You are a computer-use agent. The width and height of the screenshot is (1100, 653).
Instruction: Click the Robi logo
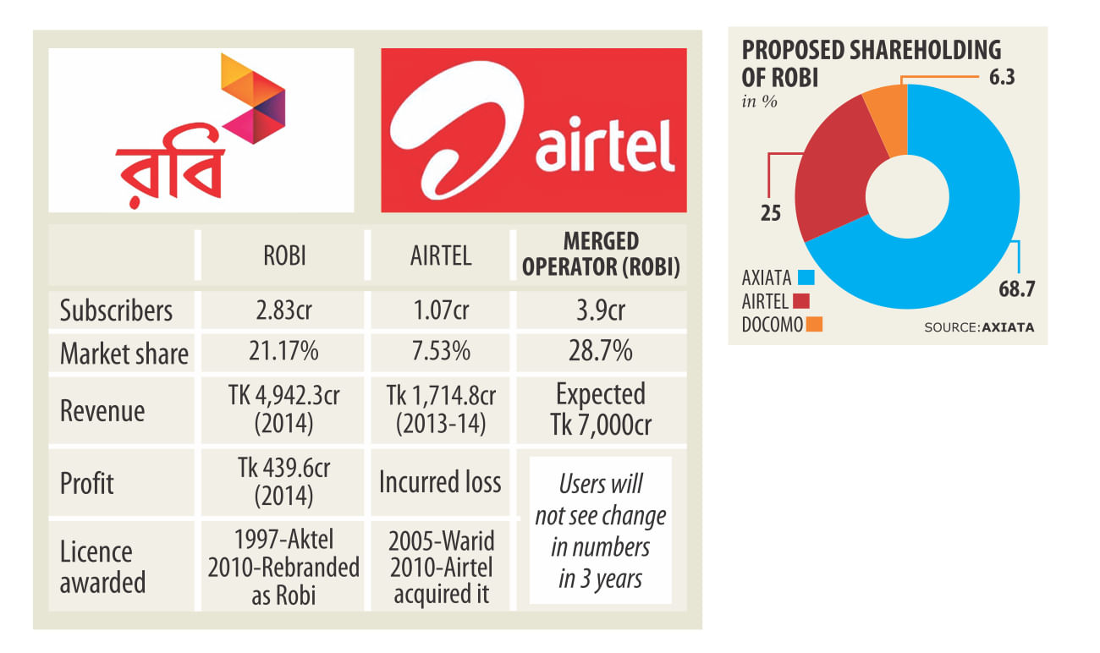(x=201, y=129)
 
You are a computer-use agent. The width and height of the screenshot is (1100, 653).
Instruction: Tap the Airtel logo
(x=533, y=129)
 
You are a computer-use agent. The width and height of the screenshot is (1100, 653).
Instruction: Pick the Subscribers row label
(x=116, y=310)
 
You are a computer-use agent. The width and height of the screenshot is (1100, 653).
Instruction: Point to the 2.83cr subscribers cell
(x=283, y=310)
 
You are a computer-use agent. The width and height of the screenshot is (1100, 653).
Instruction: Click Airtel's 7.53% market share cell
(x=440, y=352)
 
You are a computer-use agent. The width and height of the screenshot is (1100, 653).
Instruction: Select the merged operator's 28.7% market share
(x=601, y=352)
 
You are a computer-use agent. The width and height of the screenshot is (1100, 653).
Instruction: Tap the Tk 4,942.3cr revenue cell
(x=283, y=409)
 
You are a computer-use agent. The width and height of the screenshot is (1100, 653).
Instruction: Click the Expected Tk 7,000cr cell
(x=601, y=409)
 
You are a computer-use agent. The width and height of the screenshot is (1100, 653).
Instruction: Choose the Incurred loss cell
(x=440, y=482)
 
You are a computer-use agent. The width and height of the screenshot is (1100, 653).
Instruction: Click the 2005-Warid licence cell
(x=440, y=567)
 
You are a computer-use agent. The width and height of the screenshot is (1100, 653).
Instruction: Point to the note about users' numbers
(x=601, y=531)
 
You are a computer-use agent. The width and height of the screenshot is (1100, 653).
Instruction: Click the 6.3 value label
(x=998, y=78)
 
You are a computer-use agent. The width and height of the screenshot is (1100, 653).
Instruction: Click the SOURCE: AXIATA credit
(x=978, y=326)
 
